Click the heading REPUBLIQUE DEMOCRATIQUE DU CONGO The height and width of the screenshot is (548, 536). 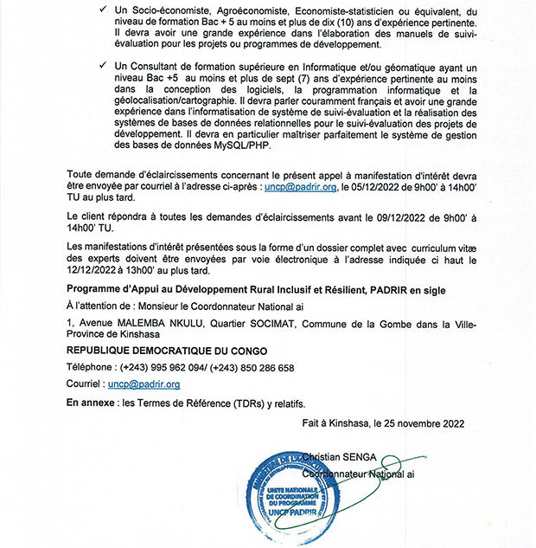pos(167,351)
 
